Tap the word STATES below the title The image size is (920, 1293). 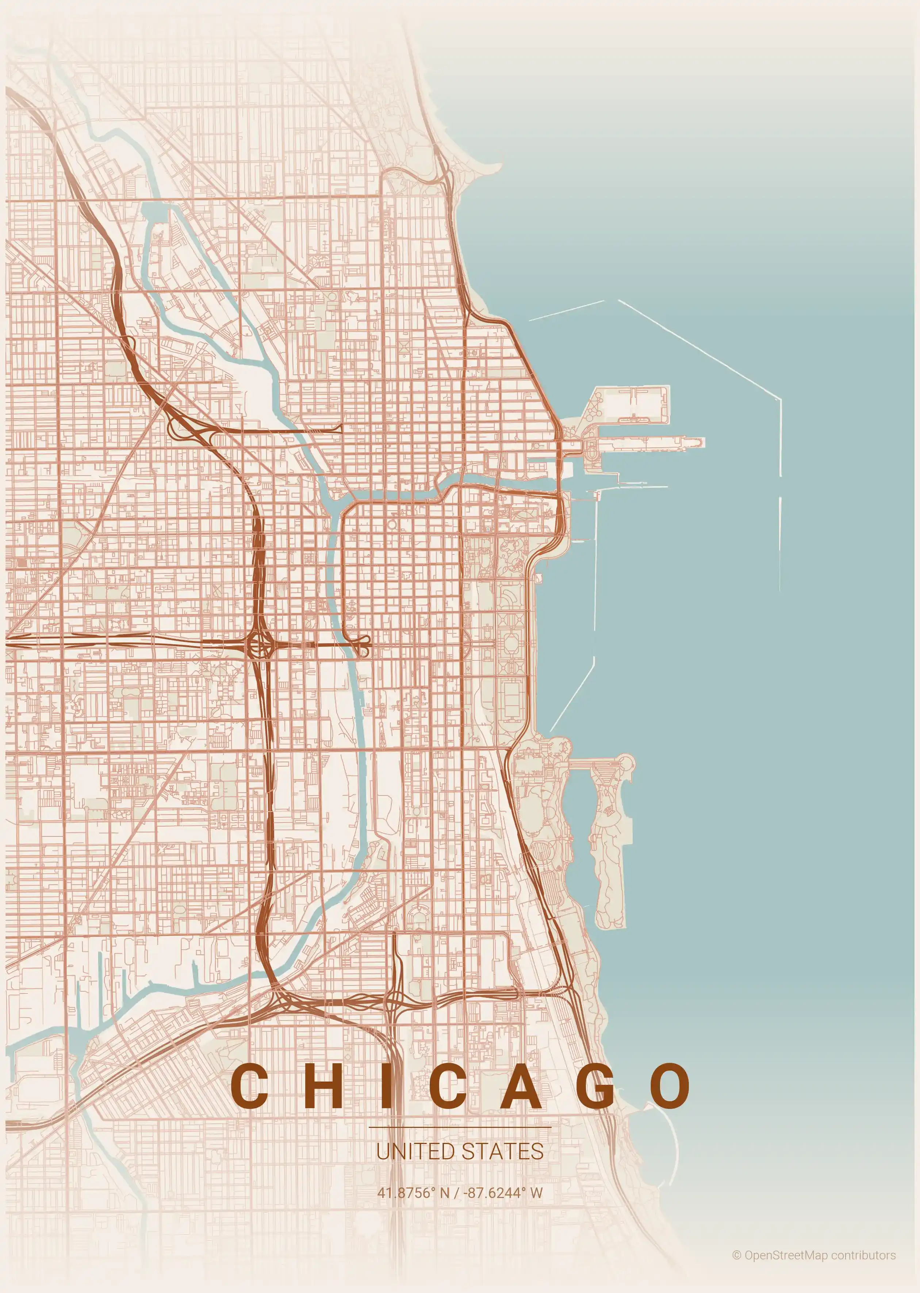tap(502, 1151)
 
